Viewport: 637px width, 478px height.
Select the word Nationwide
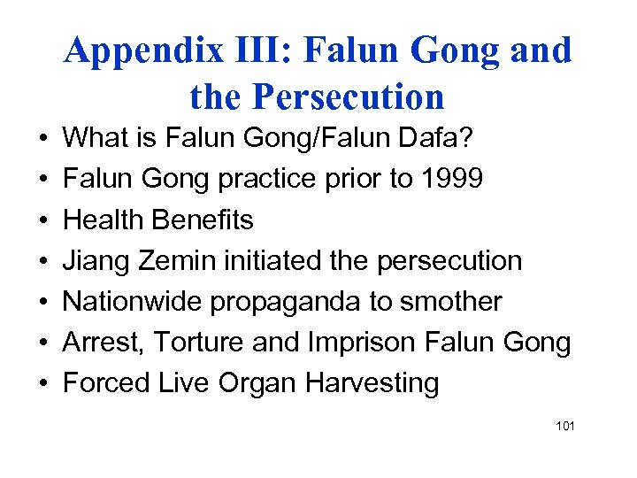tap(134, 302)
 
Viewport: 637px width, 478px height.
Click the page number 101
tap(565, 427)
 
